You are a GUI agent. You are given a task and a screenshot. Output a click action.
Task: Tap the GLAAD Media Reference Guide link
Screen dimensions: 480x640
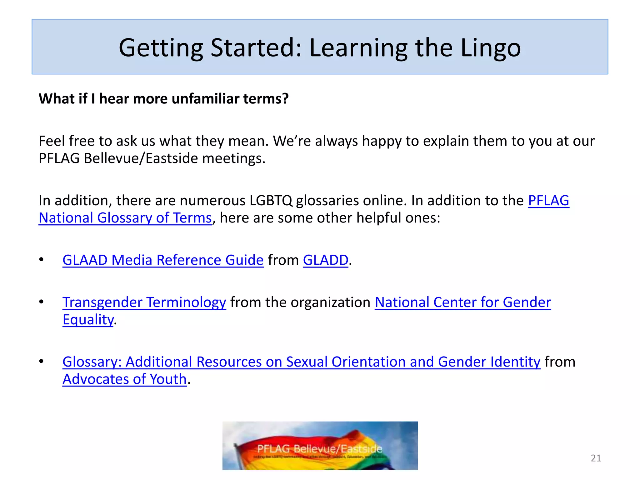[x=163, y=260]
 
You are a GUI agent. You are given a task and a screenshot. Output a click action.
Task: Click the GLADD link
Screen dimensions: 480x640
[x=325, y=260]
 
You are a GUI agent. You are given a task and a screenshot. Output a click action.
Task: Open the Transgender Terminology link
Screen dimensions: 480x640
[x=144, y=302]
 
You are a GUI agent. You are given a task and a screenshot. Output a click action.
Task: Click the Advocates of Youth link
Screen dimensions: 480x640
[x=124, y=379]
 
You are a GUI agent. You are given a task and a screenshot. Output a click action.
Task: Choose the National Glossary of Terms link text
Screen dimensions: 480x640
[x=125, y=218]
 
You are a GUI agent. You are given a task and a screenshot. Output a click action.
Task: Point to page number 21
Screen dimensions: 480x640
[x=596, y=458]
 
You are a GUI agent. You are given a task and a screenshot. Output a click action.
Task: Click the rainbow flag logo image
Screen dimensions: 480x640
[x=320, y=445]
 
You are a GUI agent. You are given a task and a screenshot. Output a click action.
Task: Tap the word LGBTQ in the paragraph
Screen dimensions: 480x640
[x=271, y=201]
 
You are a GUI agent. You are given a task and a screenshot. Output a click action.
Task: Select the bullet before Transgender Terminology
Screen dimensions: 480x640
[x=41, y=302]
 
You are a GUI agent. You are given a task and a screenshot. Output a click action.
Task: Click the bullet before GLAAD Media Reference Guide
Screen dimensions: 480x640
[x=41, y=260]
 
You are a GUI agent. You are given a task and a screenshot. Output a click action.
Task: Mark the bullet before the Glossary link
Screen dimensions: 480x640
[x=41, y=362]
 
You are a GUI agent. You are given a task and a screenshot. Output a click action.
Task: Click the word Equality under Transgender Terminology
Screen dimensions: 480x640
[x=88, y=320]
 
